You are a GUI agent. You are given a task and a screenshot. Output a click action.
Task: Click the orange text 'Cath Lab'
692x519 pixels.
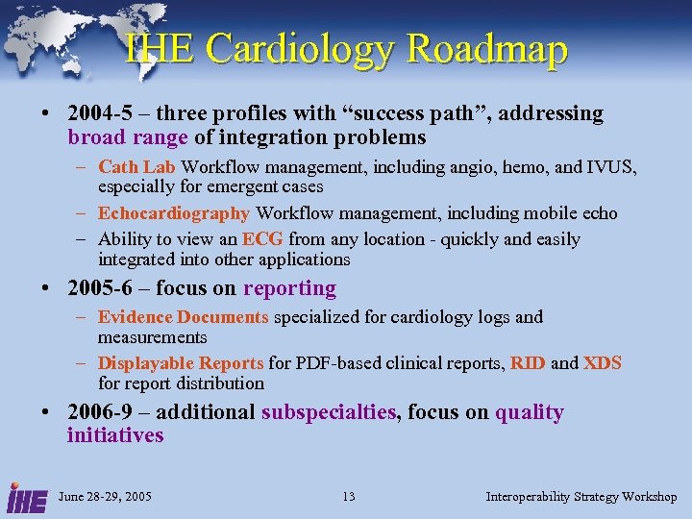click(136, 167)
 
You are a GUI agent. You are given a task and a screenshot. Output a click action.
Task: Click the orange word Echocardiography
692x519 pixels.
click(174, 213)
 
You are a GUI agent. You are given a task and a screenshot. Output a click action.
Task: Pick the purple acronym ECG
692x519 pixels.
click(262, 239)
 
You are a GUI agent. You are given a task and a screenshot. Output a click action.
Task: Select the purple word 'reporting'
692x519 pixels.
click(289, 288)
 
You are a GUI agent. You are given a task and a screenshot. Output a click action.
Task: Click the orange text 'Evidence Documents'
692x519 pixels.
click(184, 317)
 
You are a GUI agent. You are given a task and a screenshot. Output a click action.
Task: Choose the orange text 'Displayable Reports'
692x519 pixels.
click(181, 363)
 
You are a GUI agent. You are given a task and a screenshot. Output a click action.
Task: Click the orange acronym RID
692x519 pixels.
click(528, 363)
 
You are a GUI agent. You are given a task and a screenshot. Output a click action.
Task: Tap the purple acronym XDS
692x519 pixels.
click(603, 363)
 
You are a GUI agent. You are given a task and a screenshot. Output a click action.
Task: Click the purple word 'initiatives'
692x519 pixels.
click(115, 435)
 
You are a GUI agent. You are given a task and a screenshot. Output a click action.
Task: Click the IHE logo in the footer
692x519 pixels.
click(23, 497)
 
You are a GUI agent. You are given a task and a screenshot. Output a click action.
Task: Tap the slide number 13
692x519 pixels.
click(348, 497)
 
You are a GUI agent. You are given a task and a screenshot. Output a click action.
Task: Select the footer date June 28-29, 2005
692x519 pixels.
click(105, 497)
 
